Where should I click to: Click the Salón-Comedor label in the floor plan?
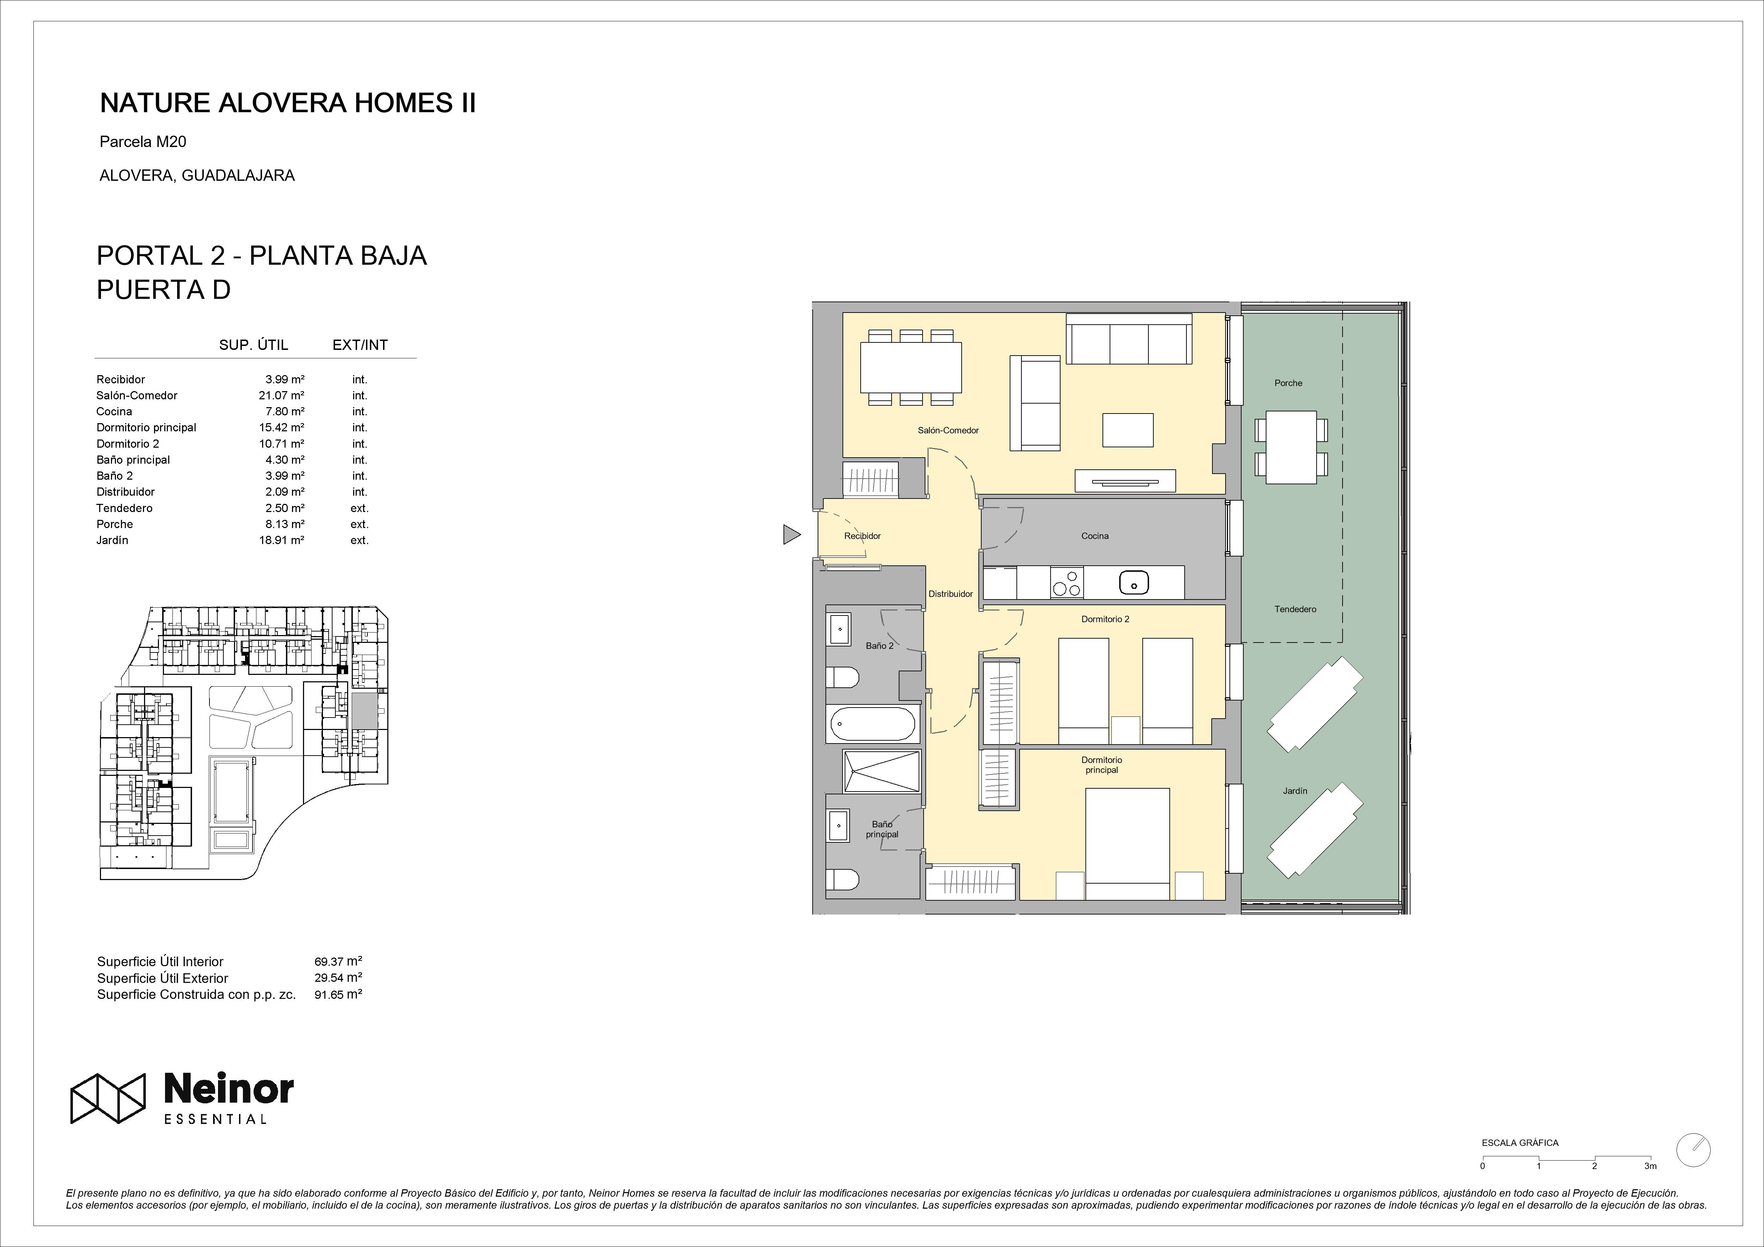[948, 430]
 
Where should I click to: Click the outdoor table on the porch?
[1291, 447]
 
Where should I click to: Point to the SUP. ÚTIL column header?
[254, 345]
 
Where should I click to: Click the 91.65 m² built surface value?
[338, 994]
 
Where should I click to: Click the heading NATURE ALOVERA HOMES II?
[288, 103]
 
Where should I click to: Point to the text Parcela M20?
[143, 142]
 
